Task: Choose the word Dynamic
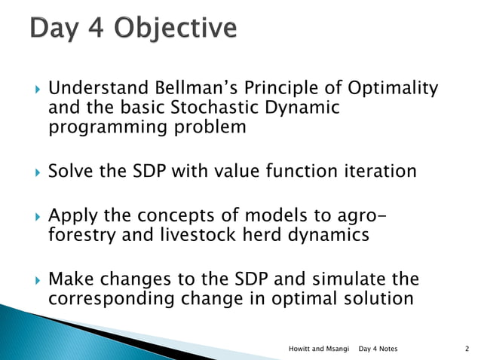click(x=310, y=108)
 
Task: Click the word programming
click(x=98, y=127)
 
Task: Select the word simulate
click(x=339, y=279)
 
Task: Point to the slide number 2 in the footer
click(x=467, y=349)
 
